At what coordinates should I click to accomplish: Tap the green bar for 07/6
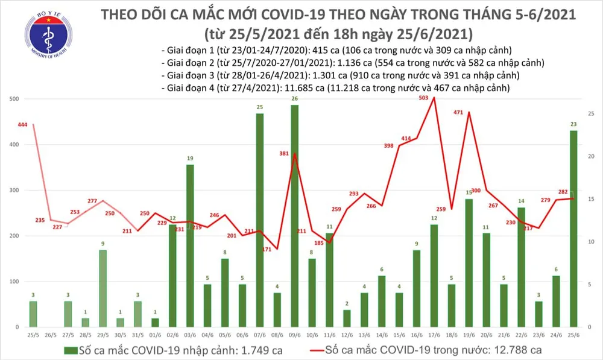tap(259, 220)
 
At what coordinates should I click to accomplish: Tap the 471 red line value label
tap(458, 112)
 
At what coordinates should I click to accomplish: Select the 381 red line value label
tap(285, 153)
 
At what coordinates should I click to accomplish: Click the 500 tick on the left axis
tap(13, 99)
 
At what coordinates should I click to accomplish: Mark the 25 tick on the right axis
tap(591, 113)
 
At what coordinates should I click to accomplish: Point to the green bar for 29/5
tap(103, 288)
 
